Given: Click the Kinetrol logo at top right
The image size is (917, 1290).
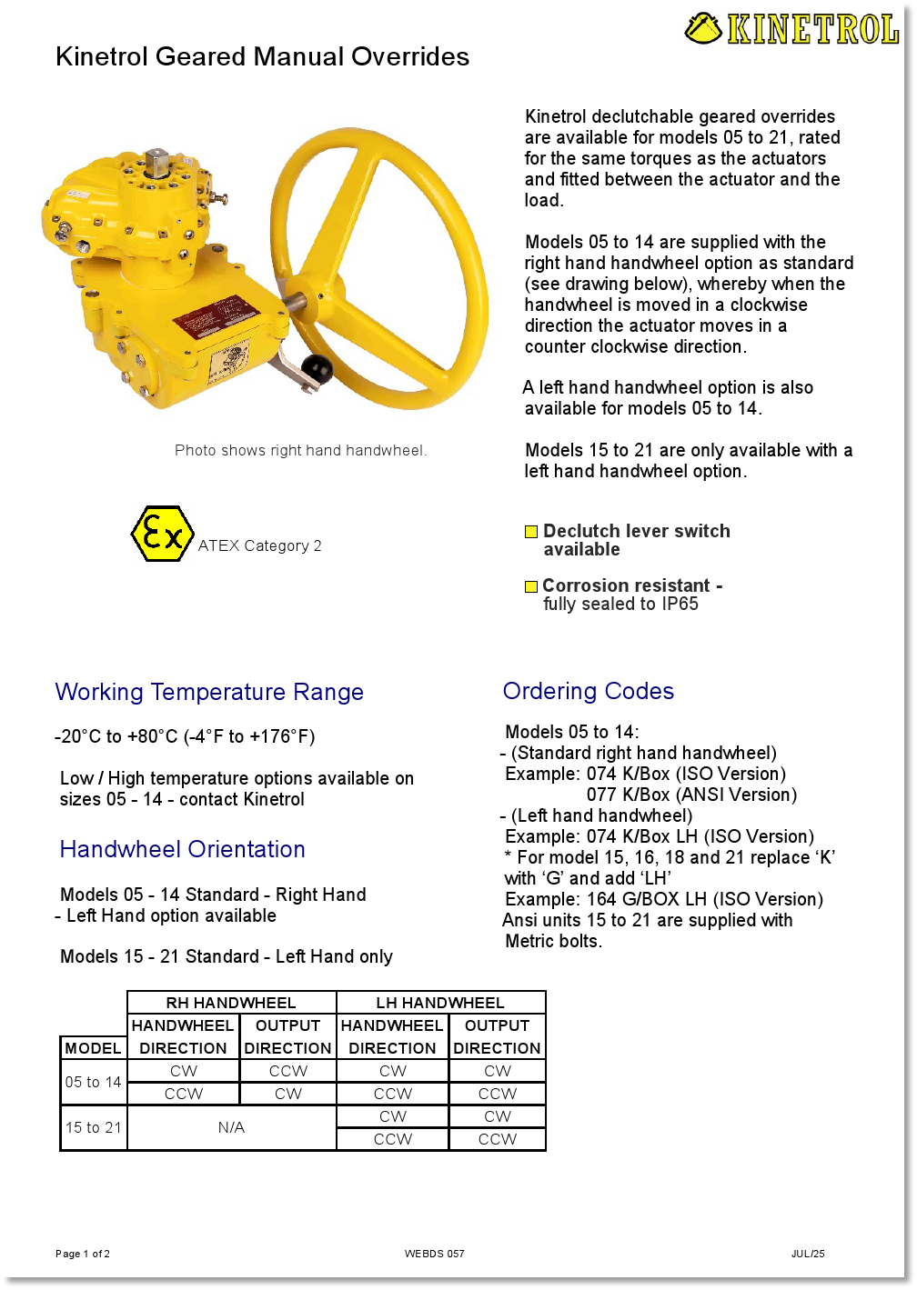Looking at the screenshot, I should pyautogui.click(x=791, y=29).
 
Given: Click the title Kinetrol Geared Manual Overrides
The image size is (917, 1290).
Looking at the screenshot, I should pyautogui.click(x=262, y=57).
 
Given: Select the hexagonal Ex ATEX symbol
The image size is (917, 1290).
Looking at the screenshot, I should pyautogui.click(x=162, y=534).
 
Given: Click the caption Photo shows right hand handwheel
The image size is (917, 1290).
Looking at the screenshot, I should pyautogui.click(x=300, y=451).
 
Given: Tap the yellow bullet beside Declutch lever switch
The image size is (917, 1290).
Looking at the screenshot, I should pyautogui.click(x=531, y=532).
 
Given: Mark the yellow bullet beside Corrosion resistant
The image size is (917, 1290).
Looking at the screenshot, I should pyautogui.click(x=531, y=586).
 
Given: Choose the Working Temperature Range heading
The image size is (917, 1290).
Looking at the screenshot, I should pyautogui.click(x=209, y=693).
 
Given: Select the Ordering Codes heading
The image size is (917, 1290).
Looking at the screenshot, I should pyautogui.click(x=588, y=692).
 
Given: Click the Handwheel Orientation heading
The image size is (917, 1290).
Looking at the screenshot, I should pyautogui.click(x=182, y=850).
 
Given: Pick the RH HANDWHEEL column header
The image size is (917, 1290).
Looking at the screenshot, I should pyautogui.click(x=231, y=1003).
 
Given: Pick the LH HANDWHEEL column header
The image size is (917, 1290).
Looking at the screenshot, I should pyautogui.click(x=440, y=1003).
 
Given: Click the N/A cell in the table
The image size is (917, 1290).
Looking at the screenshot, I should pyautogui.click(x=231, y=1127).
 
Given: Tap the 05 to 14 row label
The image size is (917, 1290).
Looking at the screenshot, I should pyautogui.click(x=93, y=1082).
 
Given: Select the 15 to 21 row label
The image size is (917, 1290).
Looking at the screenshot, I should pyautogui.click(x=93, y=1127).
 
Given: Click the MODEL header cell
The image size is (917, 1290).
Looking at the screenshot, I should pyautogui.click(x=93, y=1048).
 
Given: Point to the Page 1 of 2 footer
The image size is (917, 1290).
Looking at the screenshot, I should pyautogui.click(x=83, y=1254).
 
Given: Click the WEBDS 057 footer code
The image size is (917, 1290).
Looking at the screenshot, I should pyautogui.click(x=434, y=1254).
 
